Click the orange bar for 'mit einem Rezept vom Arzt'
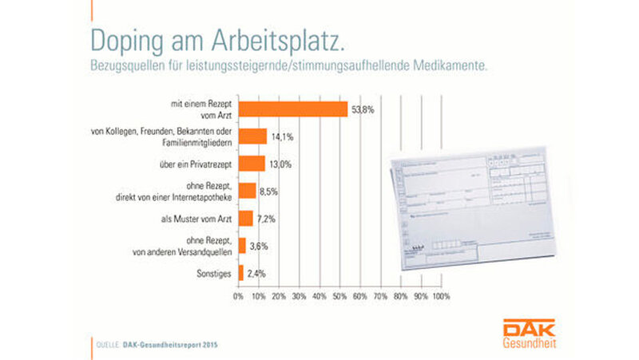tap(292, 109)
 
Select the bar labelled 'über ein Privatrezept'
tap(252, 164)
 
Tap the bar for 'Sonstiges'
tap(240, 272)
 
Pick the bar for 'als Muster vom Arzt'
tap(245, 218)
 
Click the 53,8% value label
tap(363, 109)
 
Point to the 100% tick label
tap(441, 297)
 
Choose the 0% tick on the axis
tap(238, 297)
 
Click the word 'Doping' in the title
tap(127, 39)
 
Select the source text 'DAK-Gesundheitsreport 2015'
tap(169, 345)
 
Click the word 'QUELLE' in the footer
tap(107, 345)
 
